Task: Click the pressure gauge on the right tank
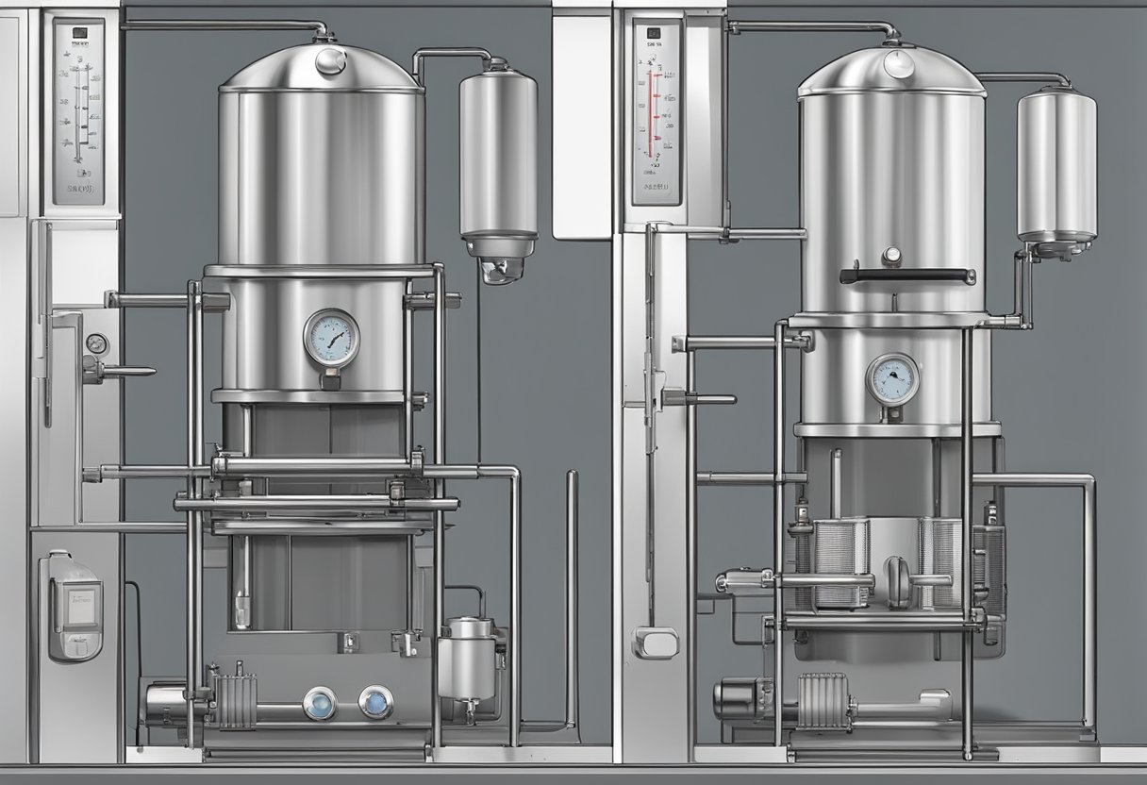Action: (x=891, y=380)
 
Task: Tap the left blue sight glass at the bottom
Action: (x=318, y=703)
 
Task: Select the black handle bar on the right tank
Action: (x=907, y=276)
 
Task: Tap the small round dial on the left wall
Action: (x=96, y=343)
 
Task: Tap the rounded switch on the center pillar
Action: (x=655, y=642)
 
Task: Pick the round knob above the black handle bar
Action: (x=889, y=255)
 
